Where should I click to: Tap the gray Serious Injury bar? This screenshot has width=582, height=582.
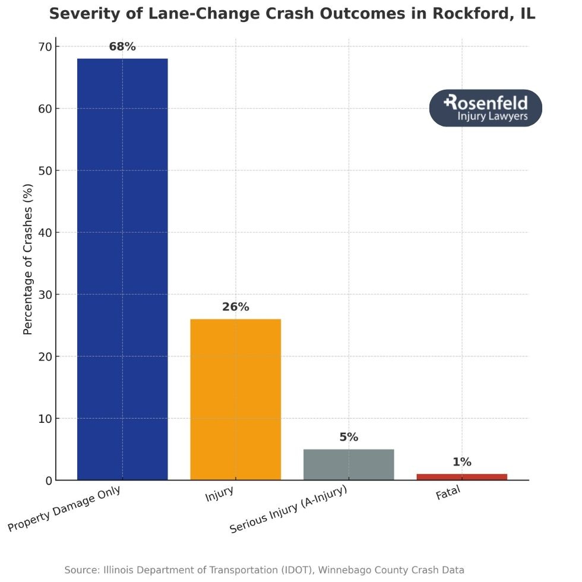pyautogui.click(x=349, y=464)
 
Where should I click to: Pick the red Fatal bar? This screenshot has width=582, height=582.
pyautogui.click(x=461, y=477)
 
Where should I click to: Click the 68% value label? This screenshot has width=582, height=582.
pyautogui.click(x=122, y=47)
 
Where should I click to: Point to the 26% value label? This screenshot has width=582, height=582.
pyautogui.click(x=235, y=307)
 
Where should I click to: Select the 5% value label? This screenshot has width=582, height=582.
pyautogui.click(x=349, y=437)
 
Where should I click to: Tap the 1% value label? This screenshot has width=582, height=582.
pyautogui.click(x=461, y=462)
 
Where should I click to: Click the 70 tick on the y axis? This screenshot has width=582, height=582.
pyautogui.click(x=45, y=47)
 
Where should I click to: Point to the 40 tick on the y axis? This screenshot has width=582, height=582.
pyautogui.click(x=45, y=233)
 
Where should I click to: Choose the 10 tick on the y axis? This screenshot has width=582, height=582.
pyautogui.click(x=45, y=419)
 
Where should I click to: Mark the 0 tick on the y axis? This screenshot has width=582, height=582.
pyautogui.click(x=48, y=480)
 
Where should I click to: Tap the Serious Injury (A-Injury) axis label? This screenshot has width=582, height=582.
pyautogui.click(x=288, y=509)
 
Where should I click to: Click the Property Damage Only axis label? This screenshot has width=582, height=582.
pyautogui.click(x=64, y=509)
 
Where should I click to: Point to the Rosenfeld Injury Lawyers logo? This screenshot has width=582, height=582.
pyautogui.click(x=485, y=108)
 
